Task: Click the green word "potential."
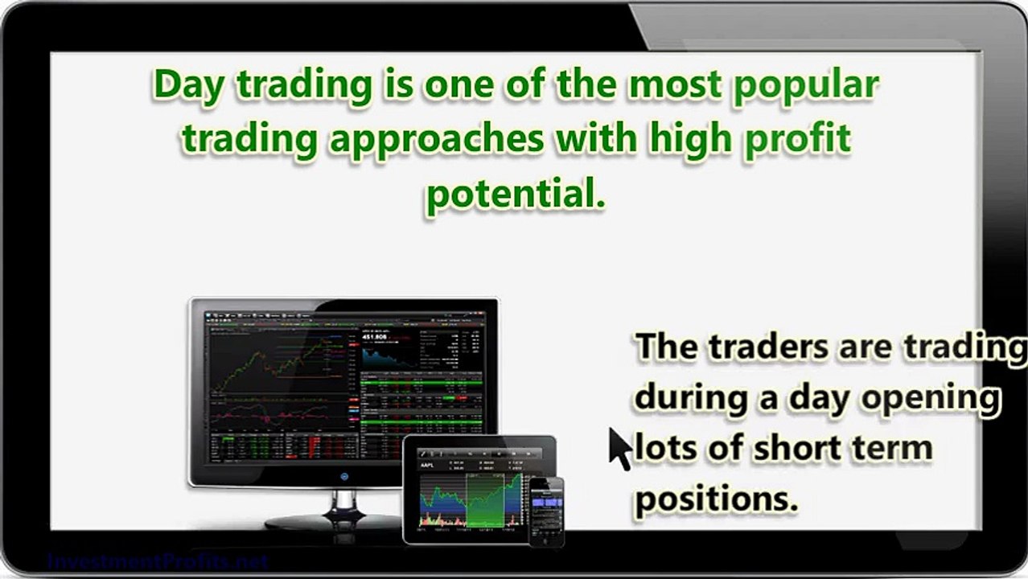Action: coord(515,193)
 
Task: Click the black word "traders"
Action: coord(770,347)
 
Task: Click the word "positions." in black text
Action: coord(716,499)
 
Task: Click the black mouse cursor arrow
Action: coord(618,448)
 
